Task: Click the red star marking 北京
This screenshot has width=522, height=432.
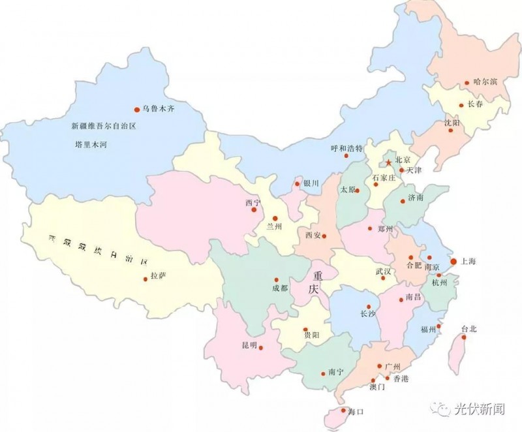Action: (388, 162)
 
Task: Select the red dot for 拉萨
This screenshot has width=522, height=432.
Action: (145, 279)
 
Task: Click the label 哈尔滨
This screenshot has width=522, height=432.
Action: (485, 82)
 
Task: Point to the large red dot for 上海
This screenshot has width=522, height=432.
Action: (453, 261)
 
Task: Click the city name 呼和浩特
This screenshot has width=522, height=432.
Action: (346, 148)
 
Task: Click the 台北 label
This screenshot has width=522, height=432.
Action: (468, 330)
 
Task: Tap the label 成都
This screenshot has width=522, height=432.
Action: (280, 288)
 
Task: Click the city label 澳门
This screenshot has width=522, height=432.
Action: (376, 387)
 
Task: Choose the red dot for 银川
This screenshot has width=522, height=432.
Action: (298, 184)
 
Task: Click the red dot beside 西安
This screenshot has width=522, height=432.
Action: (324, 236)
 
